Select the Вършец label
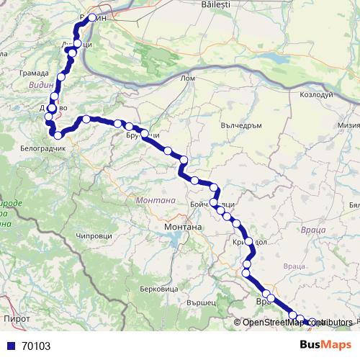click(x=202, y=303)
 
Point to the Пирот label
click(x=17, y=318)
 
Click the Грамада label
click(x=35, y=73)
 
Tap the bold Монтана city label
click(x=184, y=227)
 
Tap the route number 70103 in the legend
click(x=36, y=346)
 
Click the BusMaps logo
click(x=325, y=345)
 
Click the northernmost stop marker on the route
click(x=91, y=17)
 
